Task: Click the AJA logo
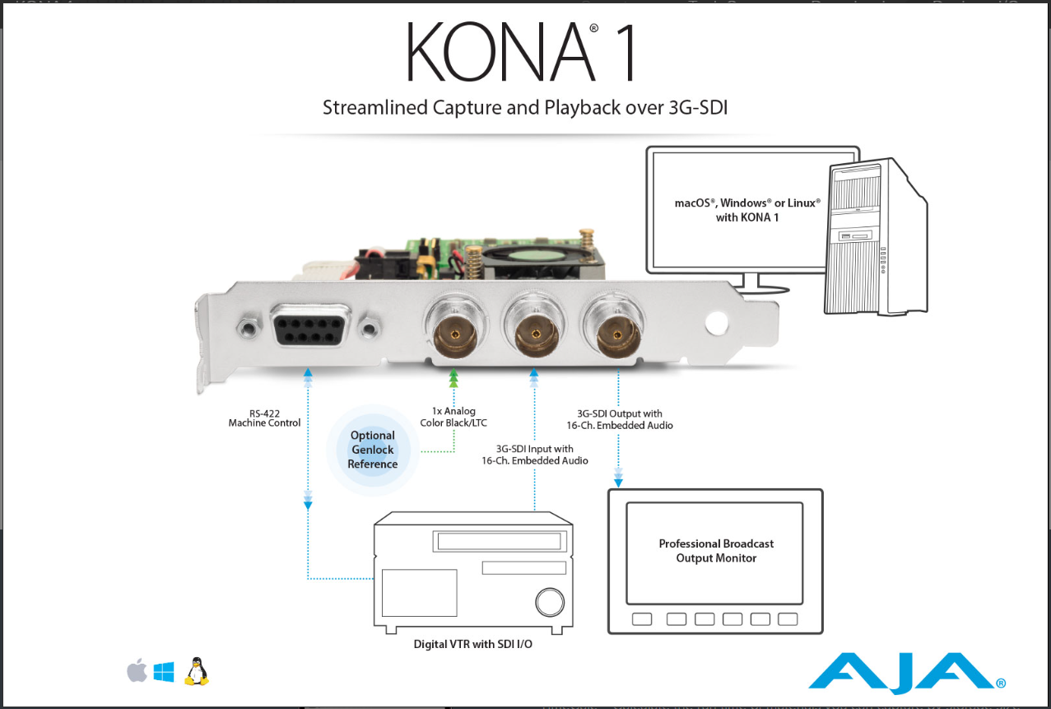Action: click(906, 673)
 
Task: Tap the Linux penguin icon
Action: click(196, 671)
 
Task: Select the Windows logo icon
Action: click(164, 672)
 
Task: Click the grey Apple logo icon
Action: click(137, 670)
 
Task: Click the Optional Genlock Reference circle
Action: click(373, 450)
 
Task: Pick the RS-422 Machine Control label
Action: click(264, 418)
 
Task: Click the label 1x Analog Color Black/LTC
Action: click(453, 417)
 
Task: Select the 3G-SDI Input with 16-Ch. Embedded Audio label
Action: click(535, 455)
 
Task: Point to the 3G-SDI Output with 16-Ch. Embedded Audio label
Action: click(620, 419)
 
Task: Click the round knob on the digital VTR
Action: click(550, 603)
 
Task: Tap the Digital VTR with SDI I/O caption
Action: click(473, 644)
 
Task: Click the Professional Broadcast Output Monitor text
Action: click(716, 551)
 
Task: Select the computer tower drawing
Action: click(876, 236)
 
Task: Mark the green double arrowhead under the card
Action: click(453, 378)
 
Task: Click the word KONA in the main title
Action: click(500, 52)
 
